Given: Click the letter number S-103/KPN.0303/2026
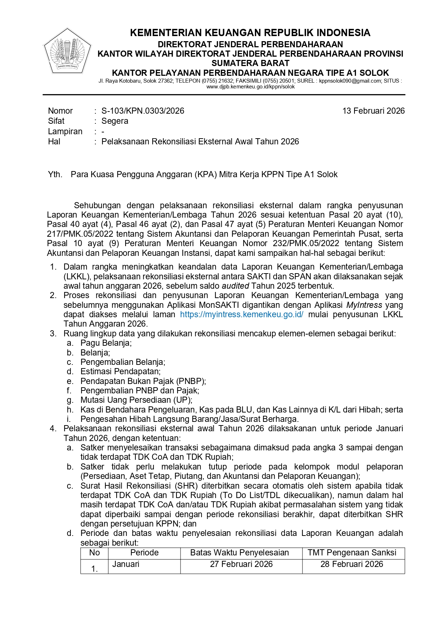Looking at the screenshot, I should (143, 111).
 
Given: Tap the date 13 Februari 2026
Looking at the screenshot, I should (373, 111).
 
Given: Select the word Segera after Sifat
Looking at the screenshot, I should (115, 121).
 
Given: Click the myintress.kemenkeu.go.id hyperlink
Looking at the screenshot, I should (242, 314).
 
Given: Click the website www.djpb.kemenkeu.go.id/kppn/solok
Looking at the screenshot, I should (251, 87).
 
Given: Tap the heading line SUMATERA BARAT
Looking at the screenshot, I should (250, 63).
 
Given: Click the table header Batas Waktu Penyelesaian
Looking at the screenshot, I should (239, 553).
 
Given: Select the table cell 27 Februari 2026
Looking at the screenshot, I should (241, 564).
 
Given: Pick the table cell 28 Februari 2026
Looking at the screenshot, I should (352, 564).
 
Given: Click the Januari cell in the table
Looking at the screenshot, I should (126, 564).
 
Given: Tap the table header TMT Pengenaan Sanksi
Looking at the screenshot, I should (352, 553).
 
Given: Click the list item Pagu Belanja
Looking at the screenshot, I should (106, 343).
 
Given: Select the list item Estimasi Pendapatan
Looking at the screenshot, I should (121, 371).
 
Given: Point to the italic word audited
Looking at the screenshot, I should (235, 286).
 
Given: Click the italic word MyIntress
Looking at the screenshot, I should (364, 305).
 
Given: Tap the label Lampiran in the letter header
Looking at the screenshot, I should (65, 131).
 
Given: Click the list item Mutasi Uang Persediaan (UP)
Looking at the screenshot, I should (136, 400).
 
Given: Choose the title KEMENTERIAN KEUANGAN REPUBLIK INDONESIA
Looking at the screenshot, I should (250, 33).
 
